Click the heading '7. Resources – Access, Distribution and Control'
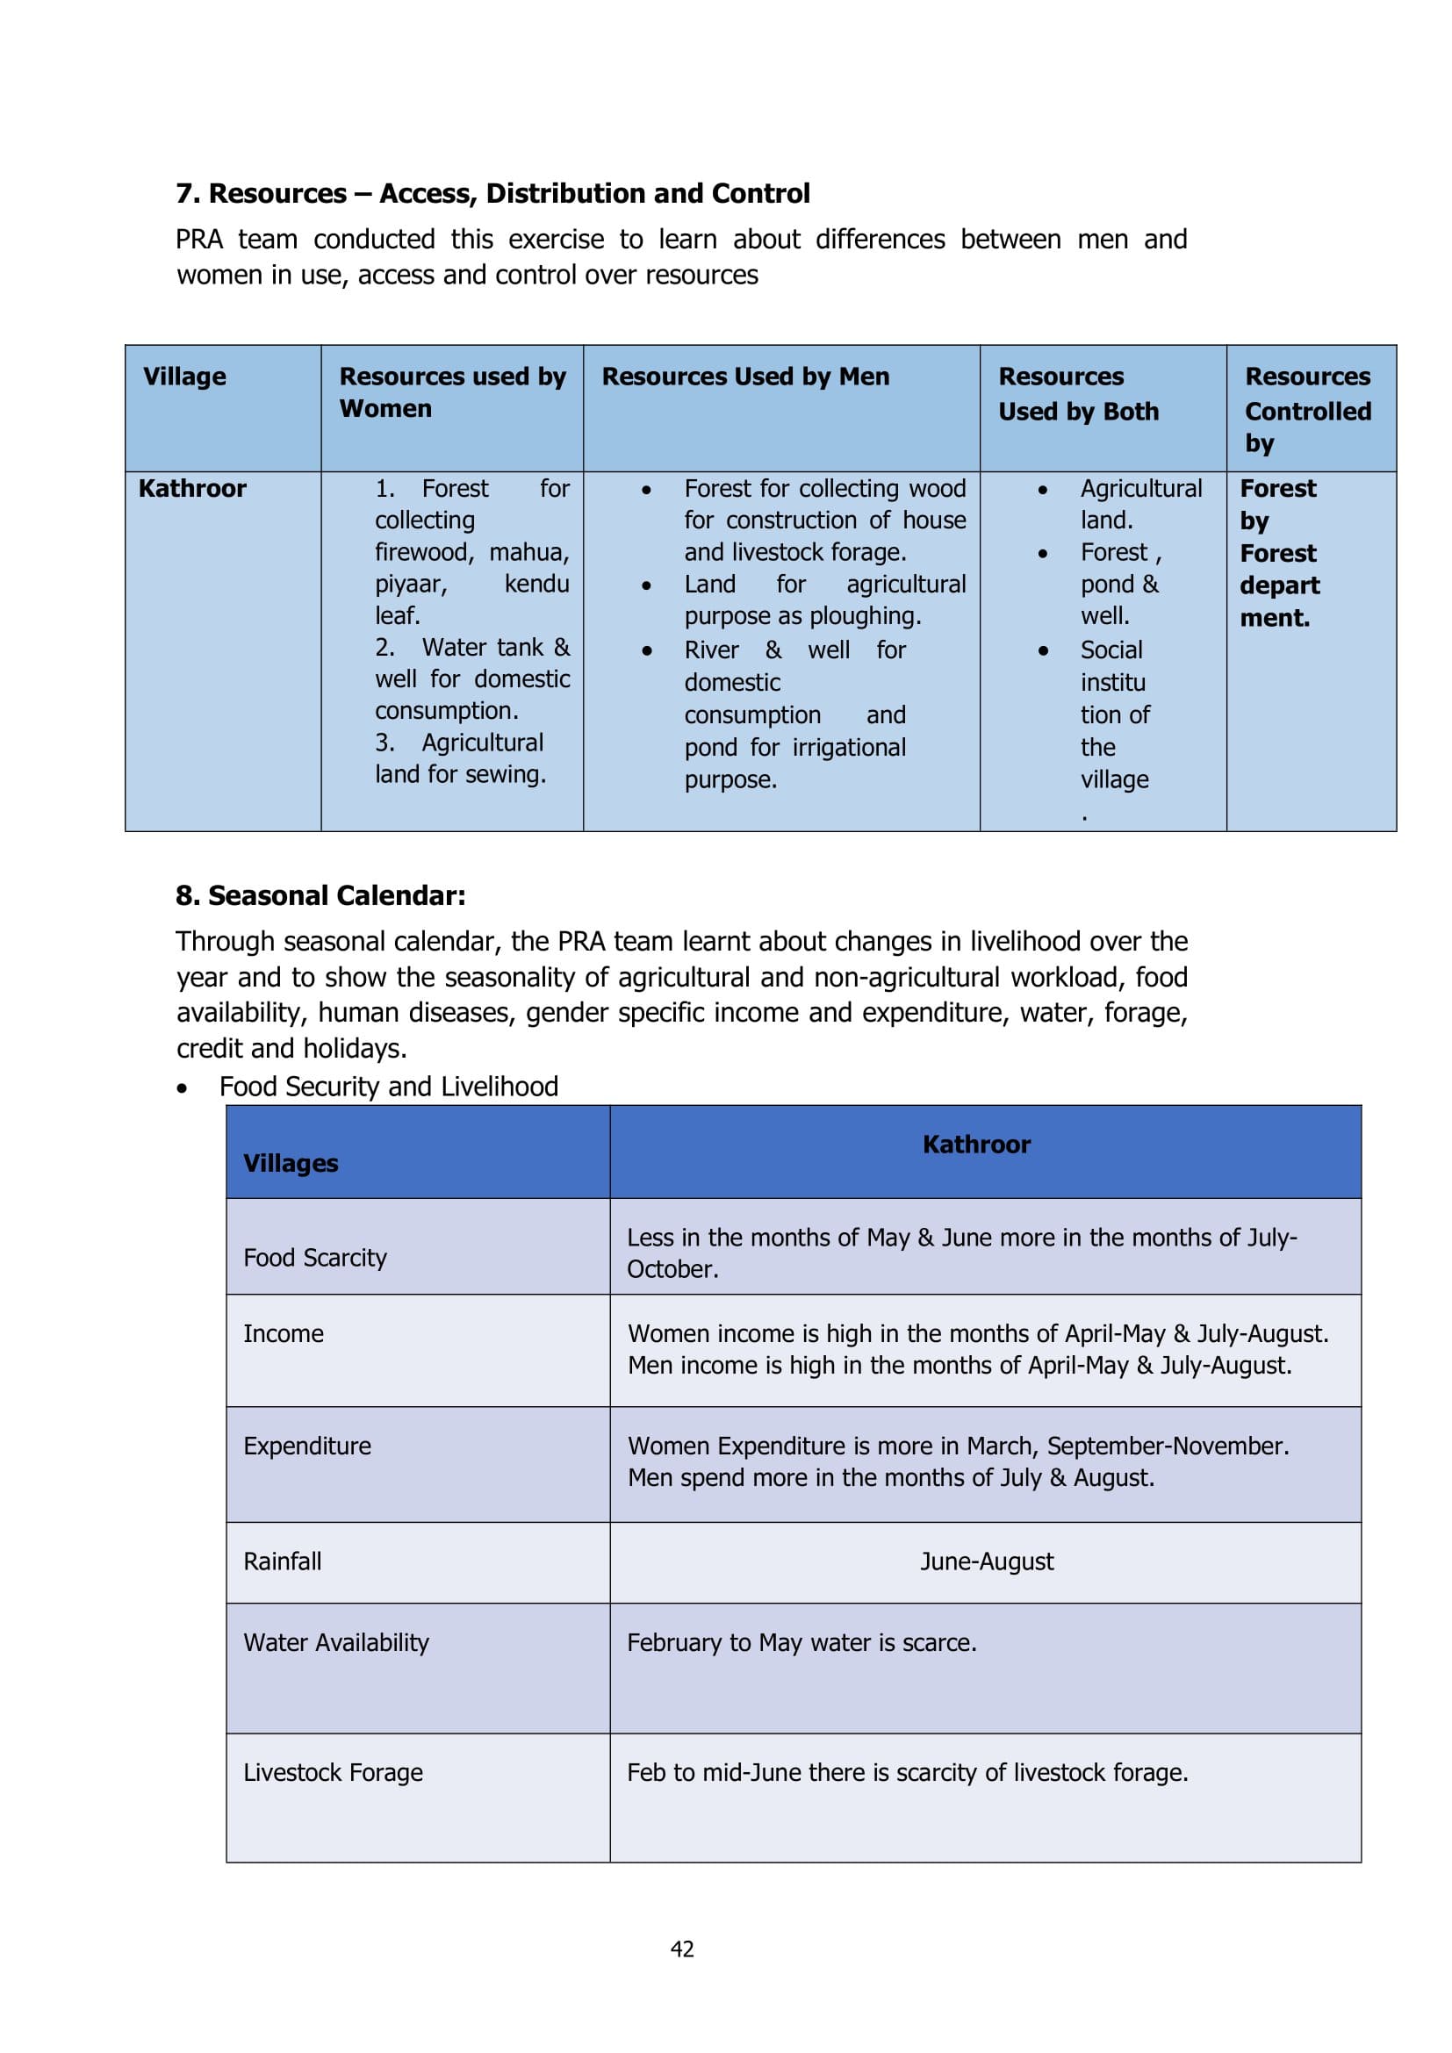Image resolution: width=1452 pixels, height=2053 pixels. tap(492, 193)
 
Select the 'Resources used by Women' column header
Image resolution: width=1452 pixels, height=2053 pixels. tap(452, 391)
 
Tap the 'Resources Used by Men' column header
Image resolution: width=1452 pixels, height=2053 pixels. tap(745, 377)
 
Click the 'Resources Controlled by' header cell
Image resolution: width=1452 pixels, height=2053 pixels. tap(1307, 410)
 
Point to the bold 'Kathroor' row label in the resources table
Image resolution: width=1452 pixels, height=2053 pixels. tap(192, 488)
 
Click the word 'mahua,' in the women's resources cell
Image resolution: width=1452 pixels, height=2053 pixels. tap(528, 552)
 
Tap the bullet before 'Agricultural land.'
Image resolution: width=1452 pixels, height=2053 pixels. tap(1043, 490)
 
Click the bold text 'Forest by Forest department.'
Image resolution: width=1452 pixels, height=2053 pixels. tap(1278, 553)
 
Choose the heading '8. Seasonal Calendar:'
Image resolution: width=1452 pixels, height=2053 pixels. tap(320, 895)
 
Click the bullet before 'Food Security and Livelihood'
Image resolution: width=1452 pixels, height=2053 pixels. tap(183, 1088)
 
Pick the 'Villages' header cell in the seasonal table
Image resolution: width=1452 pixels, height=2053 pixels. tap(291, 1162)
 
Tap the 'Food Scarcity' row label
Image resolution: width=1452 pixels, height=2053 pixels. tap(315, 1257)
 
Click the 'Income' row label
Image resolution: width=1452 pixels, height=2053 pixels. tap(284, 1333)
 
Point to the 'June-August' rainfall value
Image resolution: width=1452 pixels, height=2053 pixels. tap(986, 1561)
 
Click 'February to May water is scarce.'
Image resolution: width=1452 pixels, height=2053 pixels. tap(801, 1642)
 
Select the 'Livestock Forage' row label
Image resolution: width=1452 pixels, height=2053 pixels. tap(333, 1772)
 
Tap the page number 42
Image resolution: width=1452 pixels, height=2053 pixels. tap(682, 1949)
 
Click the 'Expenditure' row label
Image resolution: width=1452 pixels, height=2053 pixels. tap(306, 1446)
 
